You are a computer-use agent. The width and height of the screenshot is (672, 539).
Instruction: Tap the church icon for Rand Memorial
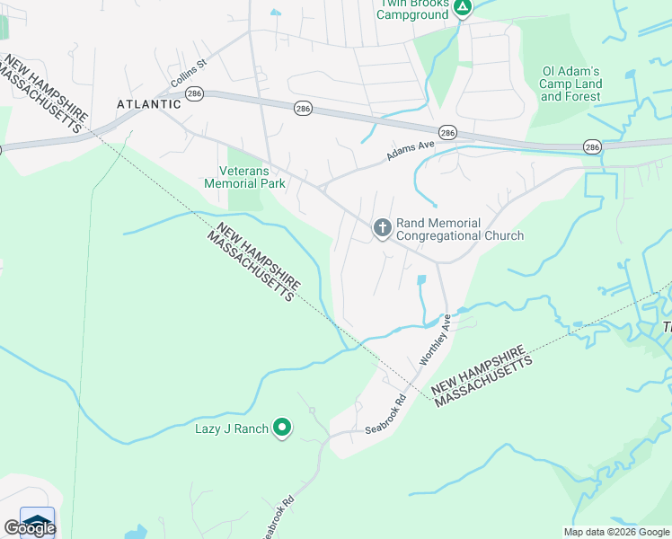[x=382, y=229]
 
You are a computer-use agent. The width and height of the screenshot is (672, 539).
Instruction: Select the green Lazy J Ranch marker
[x=282, y=429]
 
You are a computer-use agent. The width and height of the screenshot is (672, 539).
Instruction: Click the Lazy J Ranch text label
[x=232, y=429]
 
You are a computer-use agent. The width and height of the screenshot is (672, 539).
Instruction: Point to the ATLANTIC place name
[x=149, y=104]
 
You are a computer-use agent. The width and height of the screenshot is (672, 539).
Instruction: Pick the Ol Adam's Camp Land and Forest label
[x=571, y=84]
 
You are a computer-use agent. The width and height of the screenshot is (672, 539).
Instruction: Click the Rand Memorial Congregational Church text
[x=459, y=229]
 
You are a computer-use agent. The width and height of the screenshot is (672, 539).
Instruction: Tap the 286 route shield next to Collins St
[x=196, y=93]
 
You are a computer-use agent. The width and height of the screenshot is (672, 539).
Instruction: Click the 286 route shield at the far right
[x=592, y=146]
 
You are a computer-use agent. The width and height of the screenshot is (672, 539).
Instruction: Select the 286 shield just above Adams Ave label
[x=447, y=132]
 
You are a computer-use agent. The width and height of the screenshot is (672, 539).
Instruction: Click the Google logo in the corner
[x=29, y=527]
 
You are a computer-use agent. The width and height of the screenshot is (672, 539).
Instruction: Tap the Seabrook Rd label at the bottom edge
[x=277, y=517]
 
